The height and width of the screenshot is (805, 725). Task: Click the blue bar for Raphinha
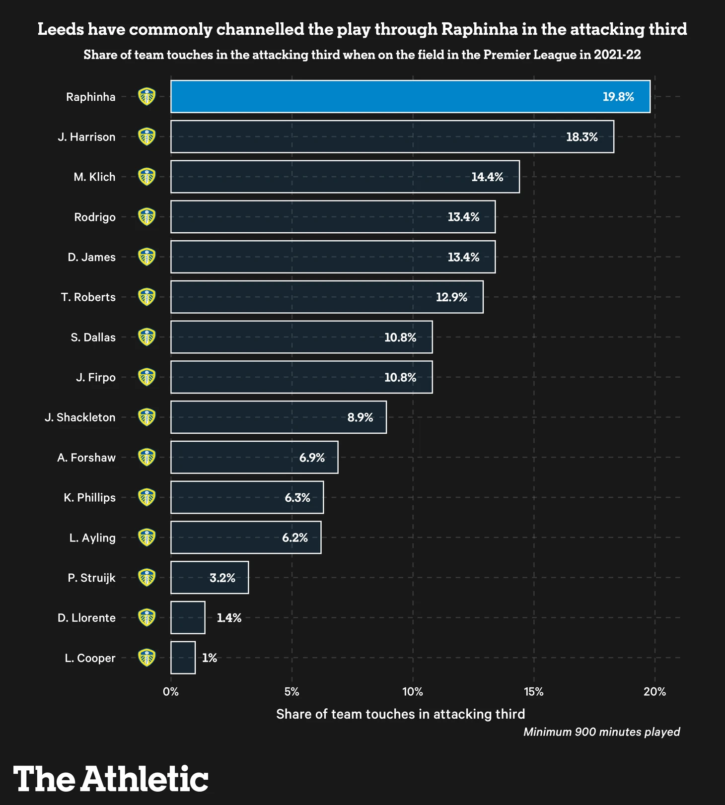(410, 96)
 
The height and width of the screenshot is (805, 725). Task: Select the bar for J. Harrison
(392, 136)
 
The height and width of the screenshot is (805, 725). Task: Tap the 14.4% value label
(487, 177)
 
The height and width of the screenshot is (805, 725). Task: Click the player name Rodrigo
(95, 217)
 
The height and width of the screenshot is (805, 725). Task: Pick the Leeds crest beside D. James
(146, 257)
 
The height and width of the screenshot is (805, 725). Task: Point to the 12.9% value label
(451, 297)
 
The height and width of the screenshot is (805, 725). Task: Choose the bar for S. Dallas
(301, 337)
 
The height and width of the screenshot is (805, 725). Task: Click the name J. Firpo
(96, 378)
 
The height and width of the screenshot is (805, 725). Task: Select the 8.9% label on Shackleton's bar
(360, 417)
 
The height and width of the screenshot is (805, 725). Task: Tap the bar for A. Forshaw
(254, 457)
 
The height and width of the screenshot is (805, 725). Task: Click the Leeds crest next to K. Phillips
(146, 497)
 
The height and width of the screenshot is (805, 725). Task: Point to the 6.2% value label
(295, 537)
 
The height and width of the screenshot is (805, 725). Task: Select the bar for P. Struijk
(210, 578)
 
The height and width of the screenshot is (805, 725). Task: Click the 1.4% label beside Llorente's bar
(229, 618)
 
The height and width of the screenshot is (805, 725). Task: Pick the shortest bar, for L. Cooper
(183, 658)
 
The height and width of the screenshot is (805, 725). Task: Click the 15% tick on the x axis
(534, 692)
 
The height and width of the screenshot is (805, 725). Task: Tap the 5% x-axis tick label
(292, 692)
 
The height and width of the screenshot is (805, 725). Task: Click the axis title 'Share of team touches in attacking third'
(400, 714)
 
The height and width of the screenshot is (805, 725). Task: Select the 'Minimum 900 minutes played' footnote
(601, 732)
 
